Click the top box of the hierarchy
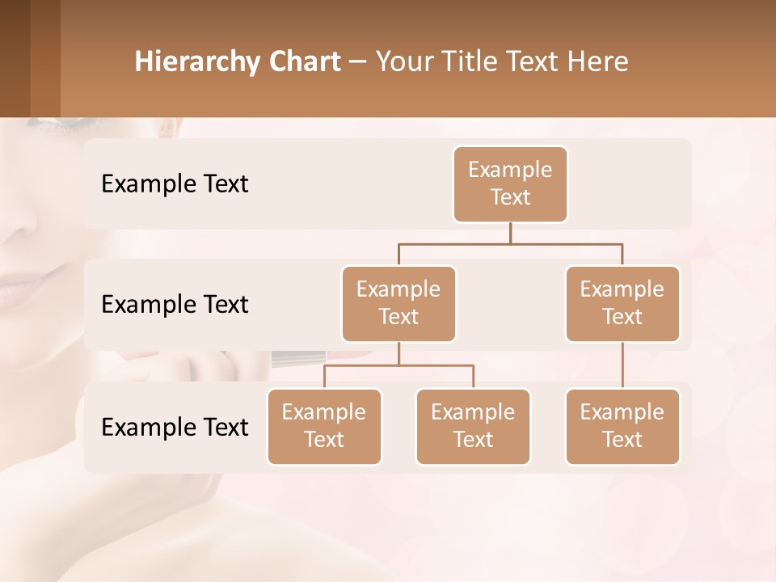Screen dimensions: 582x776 (510, 183)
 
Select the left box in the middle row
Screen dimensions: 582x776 (399, 303)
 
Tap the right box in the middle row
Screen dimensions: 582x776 (622, 303)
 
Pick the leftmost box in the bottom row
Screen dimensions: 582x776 (324, 426)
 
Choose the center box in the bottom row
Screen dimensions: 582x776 (473, 426)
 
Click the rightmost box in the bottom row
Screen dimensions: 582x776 (622, 426)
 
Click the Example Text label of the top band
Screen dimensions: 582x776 (175, 184)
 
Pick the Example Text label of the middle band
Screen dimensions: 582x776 (175, 305)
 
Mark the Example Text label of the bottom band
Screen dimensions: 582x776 (175, 428)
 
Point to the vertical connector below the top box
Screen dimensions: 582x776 (510, 233)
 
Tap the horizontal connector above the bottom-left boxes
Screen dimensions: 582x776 (399, 365)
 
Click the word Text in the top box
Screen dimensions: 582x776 (510, 197)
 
